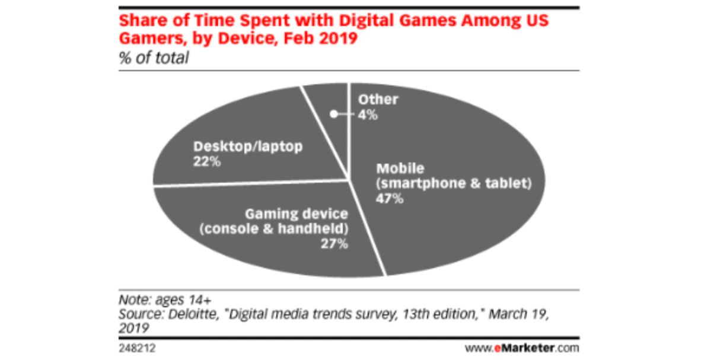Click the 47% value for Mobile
[x=389, y=199]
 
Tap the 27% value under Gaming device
[x=333, y=243]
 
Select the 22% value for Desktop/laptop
[x=206, y=161]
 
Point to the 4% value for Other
[x=368, y=114]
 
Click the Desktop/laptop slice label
[x=247, y=146]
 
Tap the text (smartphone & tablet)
[x=451, y=184]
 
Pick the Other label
[x=378, y=99]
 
